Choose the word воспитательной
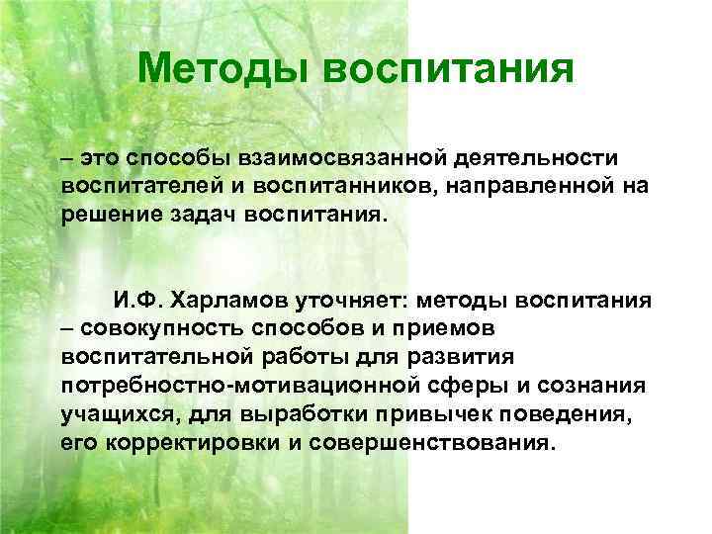point(149,357)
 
